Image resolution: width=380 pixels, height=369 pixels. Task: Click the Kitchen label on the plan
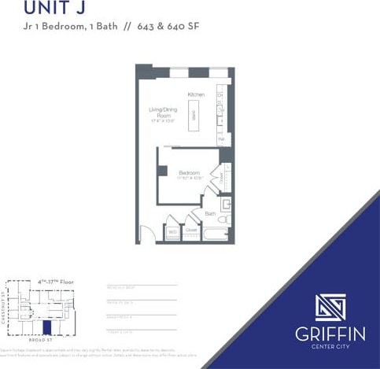tap(196, 94)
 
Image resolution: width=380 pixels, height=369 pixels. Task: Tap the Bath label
tap(210, 213)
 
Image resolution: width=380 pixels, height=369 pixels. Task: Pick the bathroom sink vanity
tap(225, 205)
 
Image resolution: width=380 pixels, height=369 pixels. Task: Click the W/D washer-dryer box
tap(172, 232)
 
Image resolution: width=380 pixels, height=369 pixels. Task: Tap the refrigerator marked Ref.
tap(221, 139)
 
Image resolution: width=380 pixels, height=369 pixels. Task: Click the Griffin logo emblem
tap(330, 307)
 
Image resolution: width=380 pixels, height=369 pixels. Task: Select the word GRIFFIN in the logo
tap(330, 334)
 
